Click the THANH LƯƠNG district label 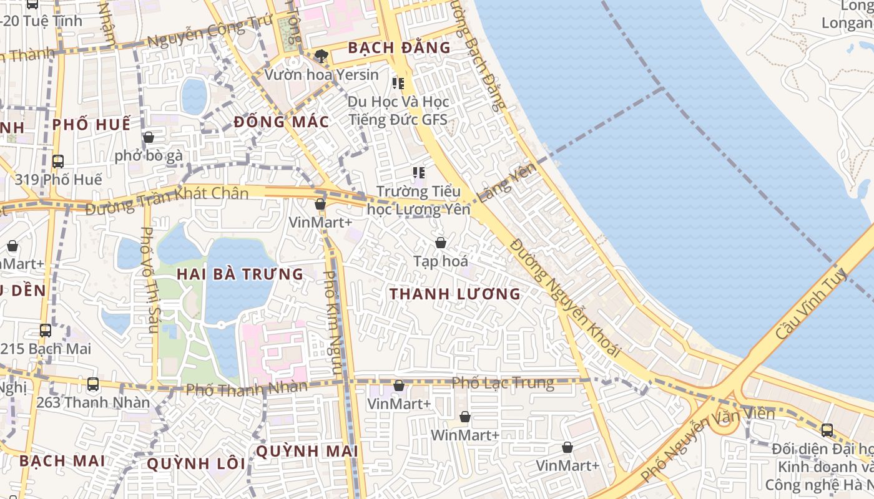point(454,294)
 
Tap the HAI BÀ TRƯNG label point(240,274)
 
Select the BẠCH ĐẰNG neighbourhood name point(399,47)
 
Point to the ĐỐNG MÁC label point(282,122)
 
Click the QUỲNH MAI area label point(307,451)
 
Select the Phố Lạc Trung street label point(503,382)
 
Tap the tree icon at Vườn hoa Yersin point(322,56)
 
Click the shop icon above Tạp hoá point(441,243)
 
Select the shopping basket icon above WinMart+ point(464,417)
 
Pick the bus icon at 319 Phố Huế point(58,161)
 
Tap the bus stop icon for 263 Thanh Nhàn point(93,384)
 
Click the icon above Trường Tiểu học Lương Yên point(418,172)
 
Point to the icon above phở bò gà point(149,137)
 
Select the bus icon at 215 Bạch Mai point(46,331)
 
